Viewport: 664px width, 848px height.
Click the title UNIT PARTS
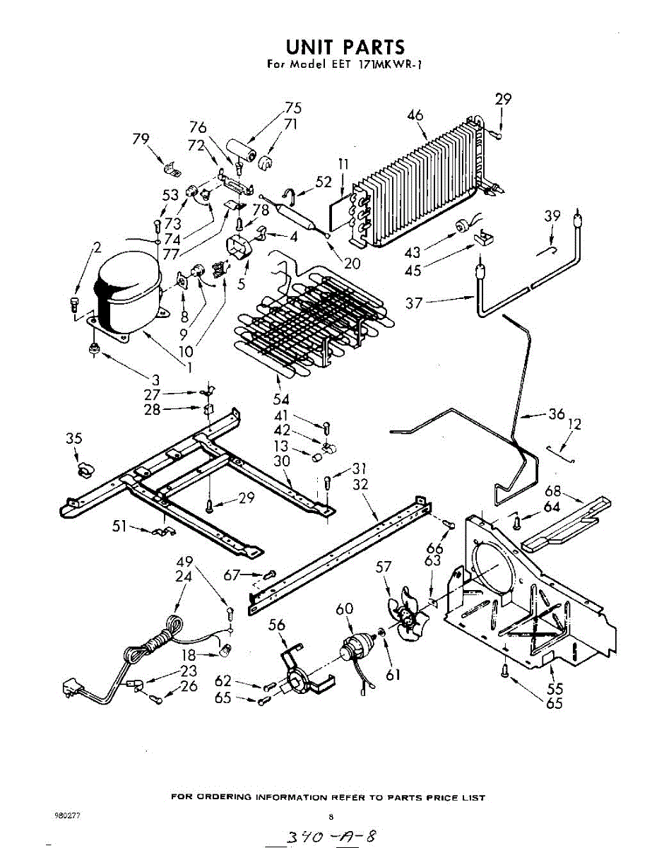[x=345, y=47]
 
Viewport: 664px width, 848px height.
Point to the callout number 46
[x=415, y=114]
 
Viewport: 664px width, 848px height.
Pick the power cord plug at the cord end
[x=71, y=686]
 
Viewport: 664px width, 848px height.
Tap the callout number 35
[x=74, y=439]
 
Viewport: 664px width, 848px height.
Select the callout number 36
[x=557, y=414]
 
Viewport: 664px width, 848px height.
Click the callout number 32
[x=360, y=484]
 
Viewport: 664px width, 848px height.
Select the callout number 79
[x=141, y=139]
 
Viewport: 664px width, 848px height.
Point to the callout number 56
[x=277, y=625]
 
